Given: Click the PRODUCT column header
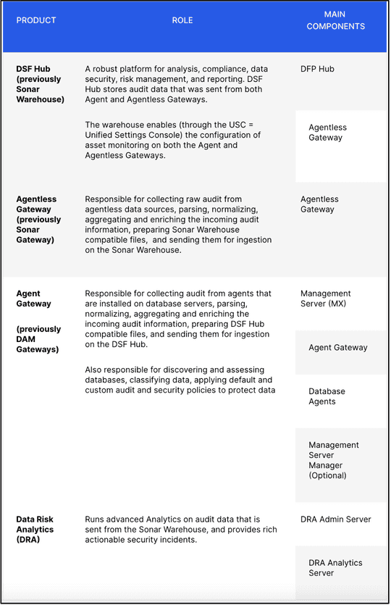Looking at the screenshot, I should tap(36, 20).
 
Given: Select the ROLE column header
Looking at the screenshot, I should tap(182, 20).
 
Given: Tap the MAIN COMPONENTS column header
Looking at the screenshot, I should tap(335, 21).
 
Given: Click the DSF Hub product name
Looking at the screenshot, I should tap(34, 70).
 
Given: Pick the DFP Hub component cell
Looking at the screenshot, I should tap(317, 70).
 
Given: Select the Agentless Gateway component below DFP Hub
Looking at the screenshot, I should tap(327, 133).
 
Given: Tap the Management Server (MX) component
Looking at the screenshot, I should tap(326, 299).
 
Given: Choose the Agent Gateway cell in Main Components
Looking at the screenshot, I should tap(337, 348).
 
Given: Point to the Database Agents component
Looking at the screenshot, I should tap(327, 396).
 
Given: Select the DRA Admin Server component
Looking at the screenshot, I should tap(335, 520).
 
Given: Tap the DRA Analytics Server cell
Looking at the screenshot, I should tap(335, 568).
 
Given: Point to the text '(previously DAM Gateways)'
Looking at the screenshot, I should tap(38, 339).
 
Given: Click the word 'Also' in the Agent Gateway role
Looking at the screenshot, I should tap(96, 370).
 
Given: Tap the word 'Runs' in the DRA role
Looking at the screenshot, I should tap(96, 520).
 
